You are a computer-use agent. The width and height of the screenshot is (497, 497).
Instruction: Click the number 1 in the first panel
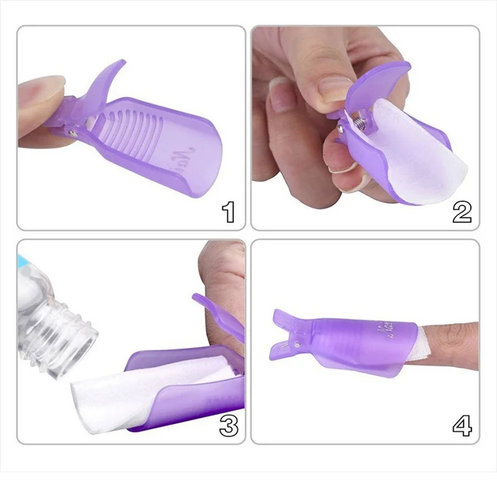[x=229, y=212]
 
